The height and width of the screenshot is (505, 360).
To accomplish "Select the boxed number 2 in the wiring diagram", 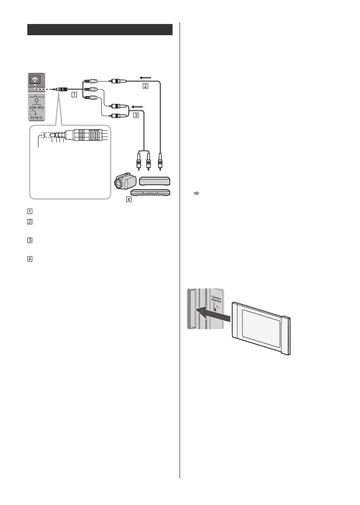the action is tap(145, 86).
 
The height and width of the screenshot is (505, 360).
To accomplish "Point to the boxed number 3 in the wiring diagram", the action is tap(135, 115).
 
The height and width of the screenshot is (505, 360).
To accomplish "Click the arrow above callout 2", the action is tap(146, 77).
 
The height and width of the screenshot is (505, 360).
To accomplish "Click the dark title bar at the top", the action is tap(100, 30).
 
